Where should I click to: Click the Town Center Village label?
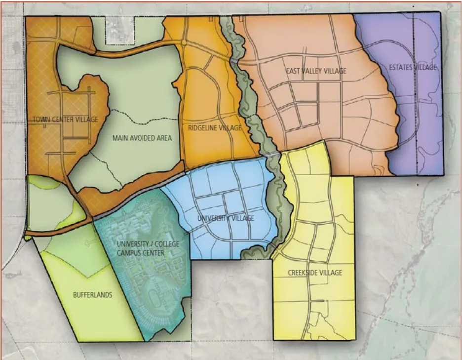point(65,120)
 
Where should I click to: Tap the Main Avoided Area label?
point(142,138)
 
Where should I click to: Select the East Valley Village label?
point(316,71)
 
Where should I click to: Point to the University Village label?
point(226,218)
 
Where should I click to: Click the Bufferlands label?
point(92,295)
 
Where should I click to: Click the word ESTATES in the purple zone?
point(400,67)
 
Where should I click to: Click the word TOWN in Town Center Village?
point(41,120)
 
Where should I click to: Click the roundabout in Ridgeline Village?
point(184,43)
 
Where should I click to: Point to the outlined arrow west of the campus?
point(89,242)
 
